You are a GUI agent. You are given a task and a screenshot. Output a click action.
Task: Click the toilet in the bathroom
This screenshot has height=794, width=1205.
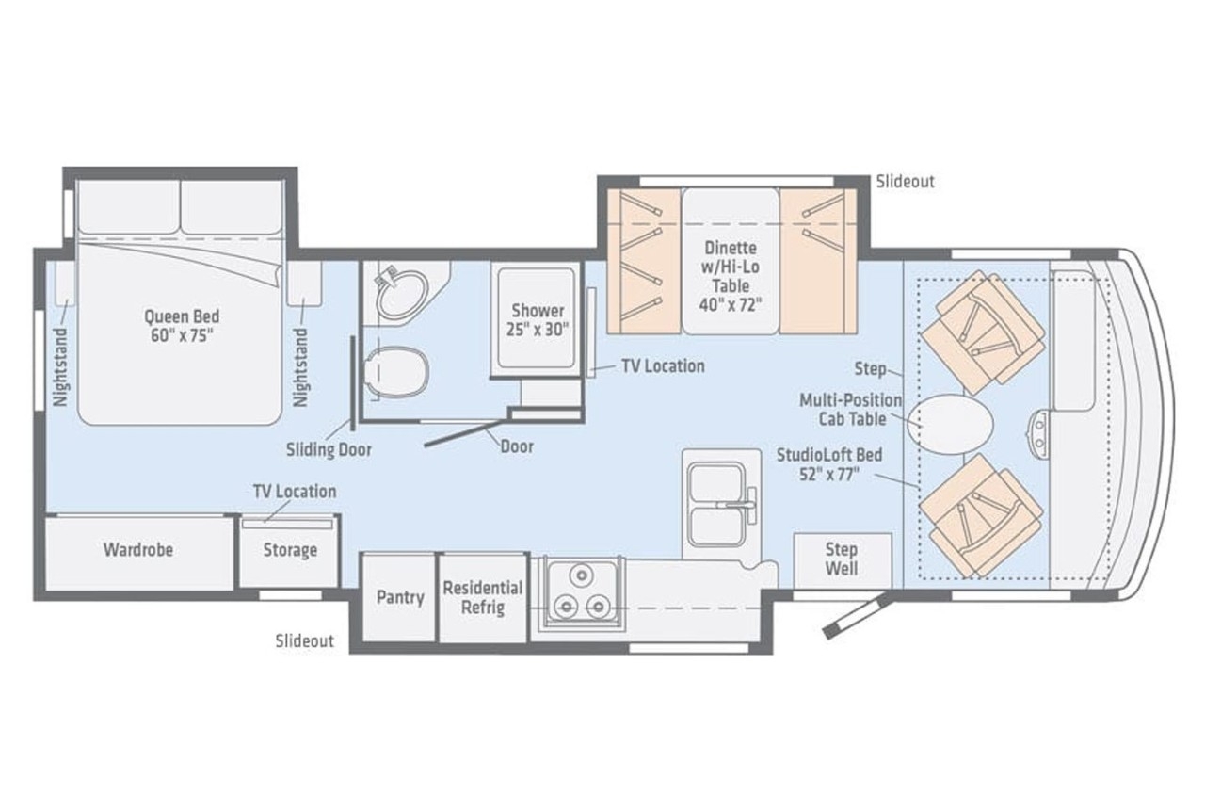coord(396,372)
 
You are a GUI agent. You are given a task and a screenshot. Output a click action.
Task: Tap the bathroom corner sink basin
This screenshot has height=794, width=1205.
coord(402,294)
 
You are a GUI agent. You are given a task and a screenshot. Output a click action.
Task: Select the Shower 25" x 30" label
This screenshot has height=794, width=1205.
coord(538,319)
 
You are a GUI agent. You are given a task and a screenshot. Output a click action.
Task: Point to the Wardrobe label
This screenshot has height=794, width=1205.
coord(138,550)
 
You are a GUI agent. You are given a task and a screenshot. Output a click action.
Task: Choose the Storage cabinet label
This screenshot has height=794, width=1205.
coord(290,550)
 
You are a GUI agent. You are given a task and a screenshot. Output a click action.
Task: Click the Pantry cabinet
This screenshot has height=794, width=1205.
coord(399,597)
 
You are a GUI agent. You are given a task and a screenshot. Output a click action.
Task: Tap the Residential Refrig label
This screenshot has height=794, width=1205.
coord(483,597)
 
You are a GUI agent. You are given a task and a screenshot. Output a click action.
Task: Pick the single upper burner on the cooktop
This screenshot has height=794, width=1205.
coord(581,575)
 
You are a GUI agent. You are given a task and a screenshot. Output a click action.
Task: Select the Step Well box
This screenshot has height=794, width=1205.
coord(842,560)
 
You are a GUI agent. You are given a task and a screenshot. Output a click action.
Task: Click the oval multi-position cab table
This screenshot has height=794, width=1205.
coord(951,423)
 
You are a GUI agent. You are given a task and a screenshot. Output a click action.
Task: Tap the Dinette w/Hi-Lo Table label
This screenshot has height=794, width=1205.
coord(730,277)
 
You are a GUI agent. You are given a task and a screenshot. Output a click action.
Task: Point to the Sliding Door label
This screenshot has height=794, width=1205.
coord(329,449)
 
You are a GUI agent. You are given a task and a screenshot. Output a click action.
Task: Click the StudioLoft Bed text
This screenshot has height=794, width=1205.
coord(829,464)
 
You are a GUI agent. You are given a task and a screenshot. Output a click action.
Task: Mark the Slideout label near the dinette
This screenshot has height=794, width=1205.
coord(906,182)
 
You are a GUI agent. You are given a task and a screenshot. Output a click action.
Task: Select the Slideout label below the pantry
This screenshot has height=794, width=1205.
coord(304,640)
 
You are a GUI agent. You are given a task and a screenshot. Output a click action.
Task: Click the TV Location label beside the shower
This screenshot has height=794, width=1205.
coord(663,366)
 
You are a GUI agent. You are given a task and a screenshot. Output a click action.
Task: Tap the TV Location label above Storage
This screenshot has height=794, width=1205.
coord(295,491)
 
